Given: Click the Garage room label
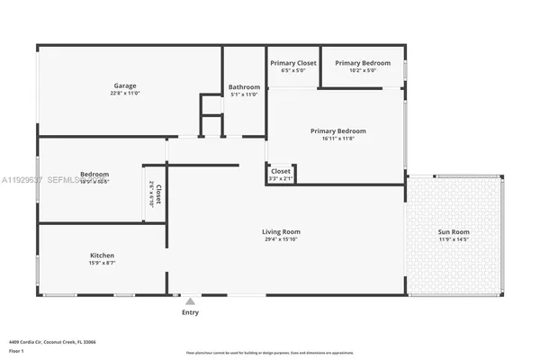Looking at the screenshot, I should (124, 86).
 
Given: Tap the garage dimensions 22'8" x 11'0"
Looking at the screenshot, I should (124, 94).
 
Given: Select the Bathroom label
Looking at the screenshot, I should (244, 87).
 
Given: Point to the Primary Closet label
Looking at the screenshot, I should (293, 63).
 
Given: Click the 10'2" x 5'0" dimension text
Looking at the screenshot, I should (363, 70).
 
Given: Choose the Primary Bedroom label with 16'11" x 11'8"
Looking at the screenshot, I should (338, 130).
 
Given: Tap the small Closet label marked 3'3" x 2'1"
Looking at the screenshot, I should (281, 170).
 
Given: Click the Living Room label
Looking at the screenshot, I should (281, 231).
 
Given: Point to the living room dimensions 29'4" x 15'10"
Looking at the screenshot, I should (281, 239).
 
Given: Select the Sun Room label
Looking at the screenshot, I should (454, 232).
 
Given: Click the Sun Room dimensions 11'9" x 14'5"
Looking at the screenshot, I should (454, 239).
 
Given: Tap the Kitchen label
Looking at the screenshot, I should (102, 256).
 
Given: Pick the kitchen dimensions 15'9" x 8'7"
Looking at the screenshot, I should (102, 263).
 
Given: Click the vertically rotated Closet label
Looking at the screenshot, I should (158, 193).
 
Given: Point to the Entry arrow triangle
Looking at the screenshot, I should (190, 301).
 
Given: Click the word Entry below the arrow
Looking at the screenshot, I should (190, 312).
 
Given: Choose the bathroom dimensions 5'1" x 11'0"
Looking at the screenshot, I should (244, 94).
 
